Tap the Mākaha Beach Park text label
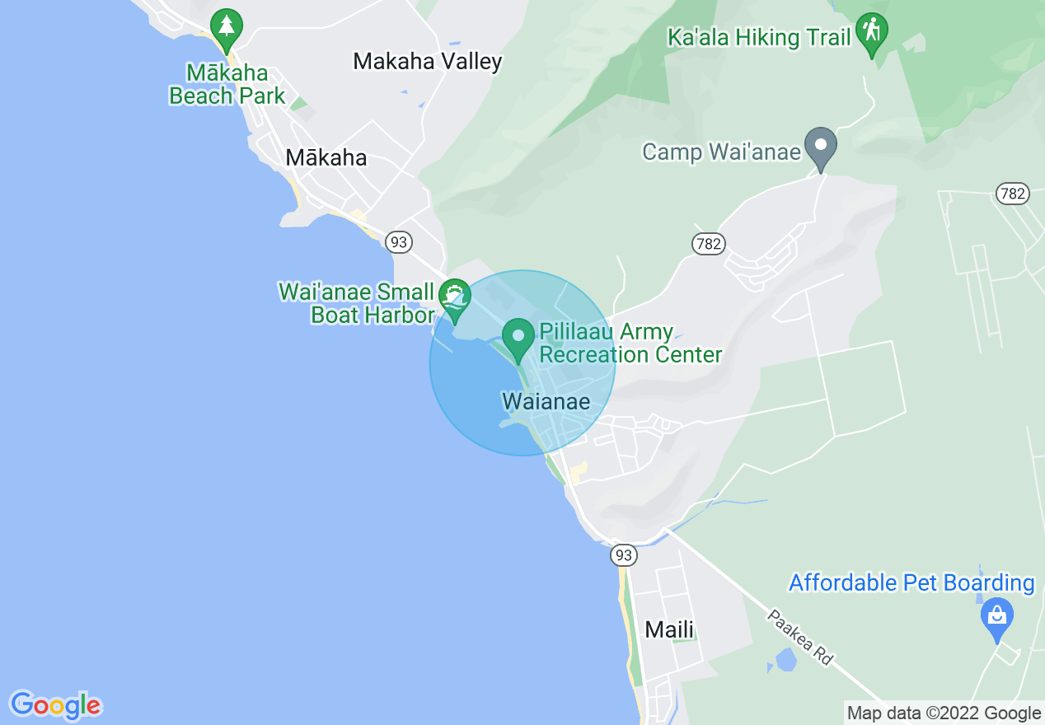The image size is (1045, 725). point(227,85)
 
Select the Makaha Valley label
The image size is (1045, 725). point(427,61)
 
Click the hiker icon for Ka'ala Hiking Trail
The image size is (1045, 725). point(872,32)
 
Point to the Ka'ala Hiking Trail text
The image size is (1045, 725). point(759,38)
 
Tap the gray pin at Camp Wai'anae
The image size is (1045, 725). point(821,147)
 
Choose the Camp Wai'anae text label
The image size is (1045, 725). point(721,152)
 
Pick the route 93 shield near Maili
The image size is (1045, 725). point(624,555)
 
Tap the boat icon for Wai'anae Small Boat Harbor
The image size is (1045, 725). point(454,296)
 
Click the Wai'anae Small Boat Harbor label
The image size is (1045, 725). point(356,303)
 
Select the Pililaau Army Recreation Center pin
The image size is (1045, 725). point(519,337)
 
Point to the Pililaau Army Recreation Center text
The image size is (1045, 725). point(630,344)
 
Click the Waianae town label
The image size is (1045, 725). point(546,402)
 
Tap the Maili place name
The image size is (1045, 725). point(669,630)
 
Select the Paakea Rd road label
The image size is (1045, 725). point(799,637)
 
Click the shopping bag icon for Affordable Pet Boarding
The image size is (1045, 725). point(997,615)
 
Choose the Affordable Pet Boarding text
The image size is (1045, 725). point(911,583)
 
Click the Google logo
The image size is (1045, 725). point(56,705)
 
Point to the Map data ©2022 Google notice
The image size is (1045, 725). point(944,713)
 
